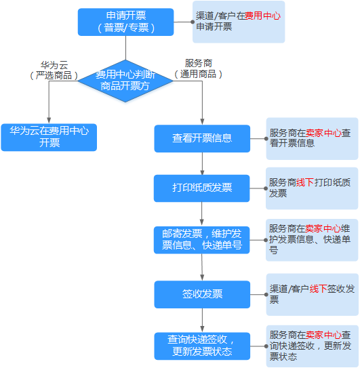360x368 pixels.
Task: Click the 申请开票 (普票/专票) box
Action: pyautogui.click(x=125, y=22)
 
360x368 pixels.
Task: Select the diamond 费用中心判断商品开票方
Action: pyautogui.click(x=125, y=81)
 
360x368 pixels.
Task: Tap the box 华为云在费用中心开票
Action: pyautogui.click(x=49, y=138)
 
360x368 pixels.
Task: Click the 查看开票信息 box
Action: pyautogui.click(x=202, y=138)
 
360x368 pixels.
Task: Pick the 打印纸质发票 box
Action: pyautogui.click(x=201, y=188)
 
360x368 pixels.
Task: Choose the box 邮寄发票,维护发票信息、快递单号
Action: pyautogui.click(x=201, y=240)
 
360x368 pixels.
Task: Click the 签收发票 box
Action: pyautogui.click(x=202, y=294)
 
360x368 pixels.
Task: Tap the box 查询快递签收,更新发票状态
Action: pyautogui.click(x=202, y=346)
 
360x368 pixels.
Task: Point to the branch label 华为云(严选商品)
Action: pyautogui.click(x=54, y=70)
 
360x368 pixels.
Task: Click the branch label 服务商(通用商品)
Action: pyautogui.click(x=199, y=68)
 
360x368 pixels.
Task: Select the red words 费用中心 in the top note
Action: pyautogui.click(x=263, y=16)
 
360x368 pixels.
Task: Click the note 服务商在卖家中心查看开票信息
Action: pyautogui.click(x=312, y=139)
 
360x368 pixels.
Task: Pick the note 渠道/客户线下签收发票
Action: pyautogui.click(x=313, y=295)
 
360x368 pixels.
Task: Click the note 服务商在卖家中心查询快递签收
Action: pyautogui.click(x=313, y=346)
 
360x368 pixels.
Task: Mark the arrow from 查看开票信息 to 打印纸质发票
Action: pyautogui.click(x=202, y=163)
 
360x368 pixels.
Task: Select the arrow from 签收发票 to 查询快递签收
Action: pyautogui.click(x=202, y=321)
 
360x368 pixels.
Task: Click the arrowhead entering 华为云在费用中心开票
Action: pyautogui.click(x=49, y=121)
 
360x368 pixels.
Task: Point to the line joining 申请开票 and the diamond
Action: pyautogui.click(x=125, y=48)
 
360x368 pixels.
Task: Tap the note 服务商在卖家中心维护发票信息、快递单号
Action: pyautogui.click(x=312, y=240)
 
